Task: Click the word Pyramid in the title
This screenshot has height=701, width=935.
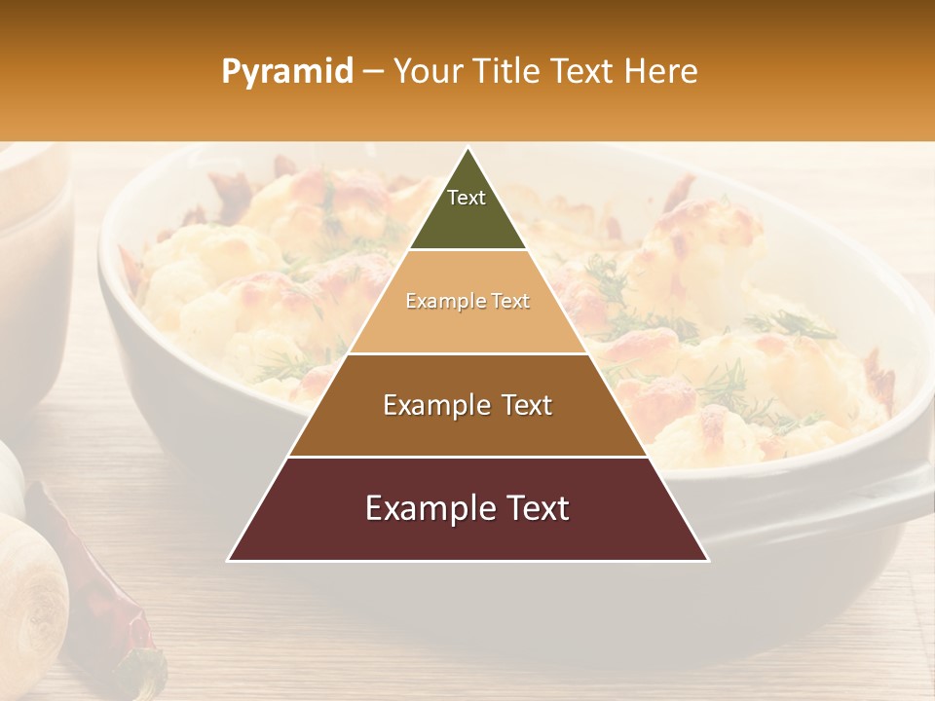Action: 286,72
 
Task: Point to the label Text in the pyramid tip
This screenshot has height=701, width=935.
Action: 467,198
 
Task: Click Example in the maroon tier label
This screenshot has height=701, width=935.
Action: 423,508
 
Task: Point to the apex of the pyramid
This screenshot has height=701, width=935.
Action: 467,148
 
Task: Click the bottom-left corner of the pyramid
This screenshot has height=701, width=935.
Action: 229,560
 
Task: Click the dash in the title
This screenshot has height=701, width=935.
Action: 373,72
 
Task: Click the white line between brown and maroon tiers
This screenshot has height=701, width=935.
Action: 467,457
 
